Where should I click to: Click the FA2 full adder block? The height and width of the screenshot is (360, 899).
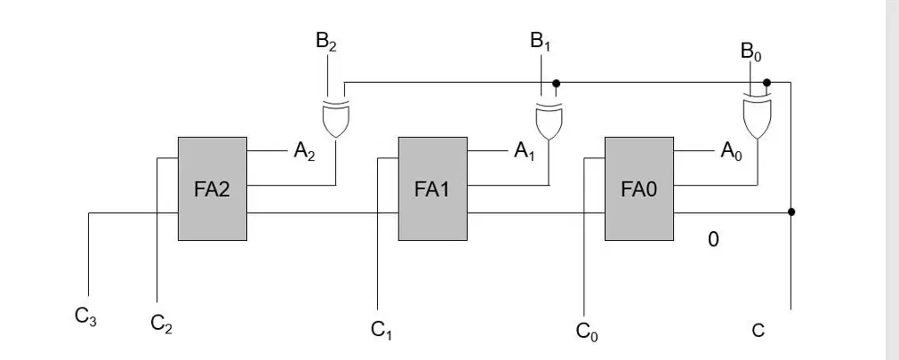(213, 188)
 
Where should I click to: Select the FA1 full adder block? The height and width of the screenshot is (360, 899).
(433, 188)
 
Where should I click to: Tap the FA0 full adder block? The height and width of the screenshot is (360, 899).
(639, 188)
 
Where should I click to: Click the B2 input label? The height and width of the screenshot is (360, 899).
(325, 43)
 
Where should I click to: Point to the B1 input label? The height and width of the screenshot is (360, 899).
(540, 43)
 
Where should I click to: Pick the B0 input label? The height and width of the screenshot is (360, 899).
(751, 52)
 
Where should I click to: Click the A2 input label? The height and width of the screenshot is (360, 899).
(304, 151)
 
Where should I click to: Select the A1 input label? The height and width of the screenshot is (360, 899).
(524, 151)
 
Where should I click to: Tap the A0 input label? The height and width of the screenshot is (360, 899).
(731, 151)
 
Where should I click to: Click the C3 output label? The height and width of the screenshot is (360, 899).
(85, 316)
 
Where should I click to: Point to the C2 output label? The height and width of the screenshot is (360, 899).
(161, 324)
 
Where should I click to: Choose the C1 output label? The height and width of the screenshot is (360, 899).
(381, 330)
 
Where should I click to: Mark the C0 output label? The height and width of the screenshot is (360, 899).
(587, 332)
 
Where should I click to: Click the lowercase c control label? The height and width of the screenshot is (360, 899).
(758, 331)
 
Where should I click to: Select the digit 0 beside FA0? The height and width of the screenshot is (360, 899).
(713, 239)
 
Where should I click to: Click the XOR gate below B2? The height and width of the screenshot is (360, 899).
(335, 119)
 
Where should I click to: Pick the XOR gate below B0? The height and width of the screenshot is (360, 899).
(757, 119)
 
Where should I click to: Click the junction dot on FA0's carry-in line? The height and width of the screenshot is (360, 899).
(791, 212)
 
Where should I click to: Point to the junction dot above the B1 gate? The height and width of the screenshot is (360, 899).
(556, 84)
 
